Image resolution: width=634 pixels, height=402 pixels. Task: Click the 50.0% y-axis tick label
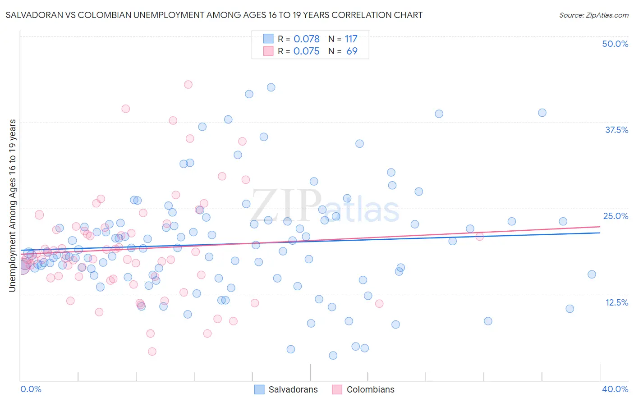[615, 44]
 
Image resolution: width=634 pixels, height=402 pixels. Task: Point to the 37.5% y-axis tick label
[616, 130]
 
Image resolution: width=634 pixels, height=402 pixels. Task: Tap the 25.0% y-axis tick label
[616, 216]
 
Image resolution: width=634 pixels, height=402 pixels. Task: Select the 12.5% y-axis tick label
[616, 302]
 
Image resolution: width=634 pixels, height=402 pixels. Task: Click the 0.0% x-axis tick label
[31, 389]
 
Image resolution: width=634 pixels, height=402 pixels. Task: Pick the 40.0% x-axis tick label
[615, 389]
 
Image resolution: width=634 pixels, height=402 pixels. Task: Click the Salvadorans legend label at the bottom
[293, 389]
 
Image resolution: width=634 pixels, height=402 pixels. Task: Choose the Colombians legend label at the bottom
[370, 389]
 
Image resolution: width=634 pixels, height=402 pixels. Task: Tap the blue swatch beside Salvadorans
[259, 389]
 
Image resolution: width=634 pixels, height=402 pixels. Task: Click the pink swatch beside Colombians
[337, 389]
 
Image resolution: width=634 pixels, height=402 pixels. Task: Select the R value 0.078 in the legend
[306, 39]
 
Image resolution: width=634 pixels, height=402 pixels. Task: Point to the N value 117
[351, 39]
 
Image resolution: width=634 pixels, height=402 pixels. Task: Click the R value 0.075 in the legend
[306, 51]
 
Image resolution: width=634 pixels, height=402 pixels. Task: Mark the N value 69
[352, 51]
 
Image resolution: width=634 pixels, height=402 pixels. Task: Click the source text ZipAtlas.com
[593, 15]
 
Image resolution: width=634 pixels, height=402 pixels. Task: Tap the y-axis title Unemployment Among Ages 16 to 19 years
[12, 206]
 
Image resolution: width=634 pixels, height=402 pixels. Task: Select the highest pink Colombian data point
[188, 84]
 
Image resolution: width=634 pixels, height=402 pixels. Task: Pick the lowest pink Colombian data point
[152, 352]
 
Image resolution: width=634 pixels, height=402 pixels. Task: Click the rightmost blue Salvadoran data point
[592, 274]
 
